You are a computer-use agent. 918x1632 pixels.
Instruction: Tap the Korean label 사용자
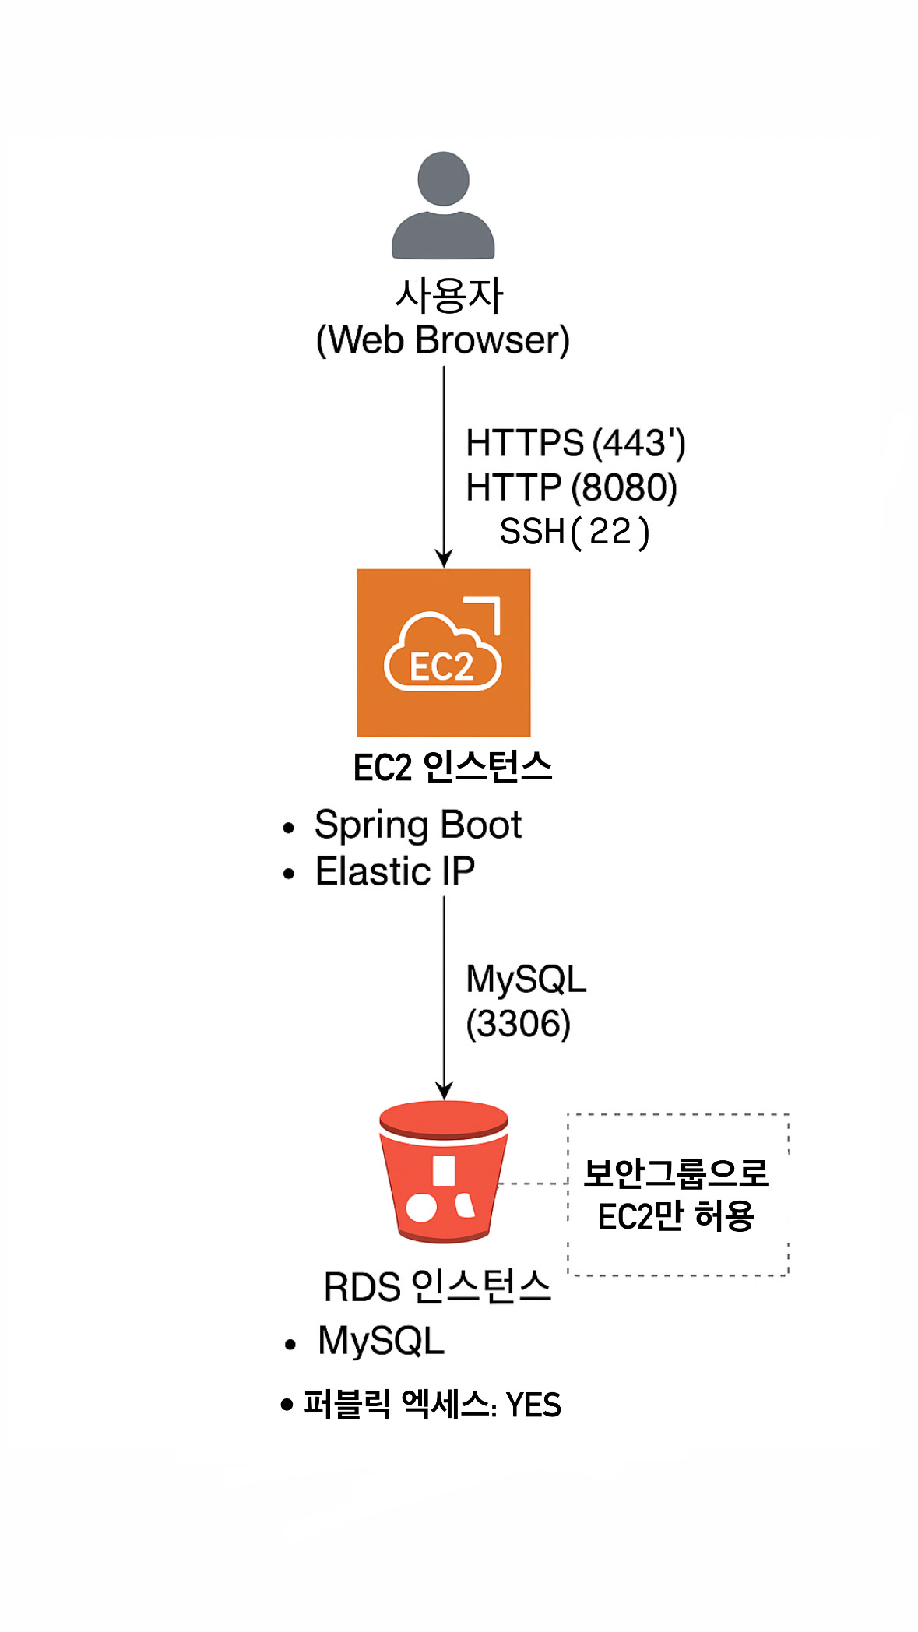[x=449, y=296]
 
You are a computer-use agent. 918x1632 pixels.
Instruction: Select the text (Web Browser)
[x=443, y=340]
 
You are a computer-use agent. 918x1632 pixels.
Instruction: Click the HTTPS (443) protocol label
[x=575, y=443]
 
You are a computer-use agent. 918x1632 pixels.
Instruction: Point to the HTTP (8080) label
[x=572, y=488]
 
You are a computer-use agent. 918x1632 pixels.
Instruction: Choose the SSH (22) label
[x=574, y=533]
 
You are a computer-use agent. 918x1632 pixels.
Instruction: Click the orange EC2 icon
[x=443, y=652]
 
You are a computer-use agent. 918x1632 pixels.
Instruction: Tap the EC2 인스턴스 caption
[x=452, y=768]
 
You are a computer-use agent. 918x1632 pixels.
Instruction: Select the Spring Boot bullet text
[x=418, y=825]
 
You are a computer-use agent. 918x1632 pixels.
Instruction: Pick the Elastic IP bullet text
[x=395, y=871]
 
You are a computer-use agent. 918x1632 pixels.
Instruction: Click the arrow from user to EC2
[x=444, y=467]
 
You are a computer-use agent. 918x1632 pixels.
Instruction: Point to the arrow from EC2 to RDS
[x=444, y=997]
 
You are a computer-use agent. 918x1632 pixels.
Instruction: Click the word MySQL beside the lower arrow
[x=526, y=980]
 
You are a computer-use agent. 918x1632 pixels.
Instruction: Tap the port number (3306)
[x=519, y=1024]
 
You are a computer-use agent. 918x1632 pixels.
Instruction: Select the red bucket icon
[x=443, y=1171]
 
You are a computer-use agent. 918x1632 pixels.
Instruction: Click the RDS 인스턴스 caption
[x=437, y=1286]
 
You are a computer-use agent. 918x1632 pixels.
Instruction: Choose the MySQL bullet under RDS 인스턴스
[x=381, y=1341]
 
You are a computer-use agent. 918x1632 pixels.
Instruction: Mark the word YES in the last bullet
[x=533, y=1405]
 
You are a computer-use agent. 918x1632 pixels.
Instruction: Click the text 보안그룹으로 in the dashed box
[x=676, y=1173]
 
